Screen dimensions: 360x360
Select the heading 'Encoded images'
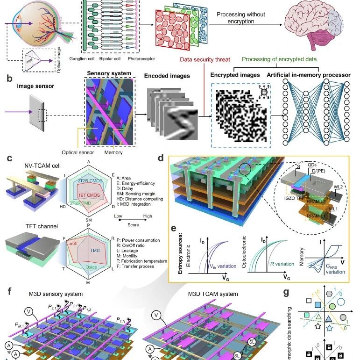pos(165,76)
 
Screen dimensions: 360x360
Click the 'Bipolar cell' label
pos(112,59)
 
